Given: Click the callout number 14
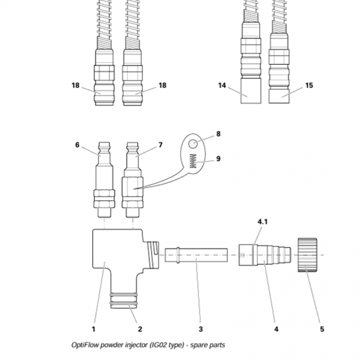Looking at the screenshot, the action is point(222,85).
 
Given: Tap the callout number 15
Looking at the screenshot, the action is point(309,85).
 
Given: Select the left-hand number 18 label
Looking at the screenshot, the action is point(75,85).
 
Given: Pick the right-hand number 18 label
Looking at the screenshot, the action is point(162,85).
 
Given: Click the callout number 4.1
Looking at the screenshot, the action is point(262,222).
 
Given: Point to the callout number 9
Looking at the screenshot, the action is point(219,158).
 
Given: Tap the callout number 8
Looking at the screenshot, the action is point(219,134).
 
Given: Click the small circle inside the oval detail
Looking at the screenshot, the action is point(193,144).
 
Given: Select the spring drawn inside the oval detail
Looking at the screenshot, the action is point(193,161).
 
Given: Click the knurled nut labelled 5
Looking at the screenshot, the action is point(308,255).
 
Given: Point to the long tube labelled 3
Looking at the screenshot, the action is point(196,255).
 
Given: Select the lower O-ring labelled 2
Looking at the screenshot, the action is point(124,304).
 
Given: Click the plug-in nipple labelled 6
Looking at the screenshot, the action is point(105,180).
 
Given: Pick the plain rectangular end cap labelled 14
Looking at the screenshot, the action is point(251,91).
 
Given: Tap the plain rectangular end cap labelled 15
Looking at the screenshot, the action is point(279,96).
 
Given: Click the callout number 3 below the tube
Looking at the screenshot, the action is point(201,329).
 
